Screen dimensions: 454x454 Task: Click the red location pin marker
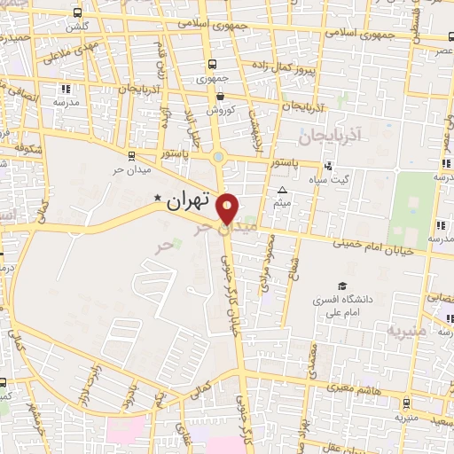(x=229, y=208)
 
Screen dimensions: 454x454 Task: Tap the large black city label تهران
(x=191, y=201)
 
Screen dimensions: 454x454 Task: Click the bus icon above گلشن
(x=77, y=13)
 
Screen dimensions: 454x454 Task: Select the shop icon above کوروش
(x=219, y=97)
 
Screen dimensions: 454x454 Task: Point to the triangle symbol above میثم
(x=282, y=191)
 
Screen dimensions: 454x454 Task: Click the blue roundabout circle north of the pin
(x=218, y=159)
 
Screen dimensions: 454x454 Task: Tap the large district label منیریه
(x=407, y=330)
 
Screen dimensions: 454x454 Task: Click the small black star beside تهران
(x=158, y=199)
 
